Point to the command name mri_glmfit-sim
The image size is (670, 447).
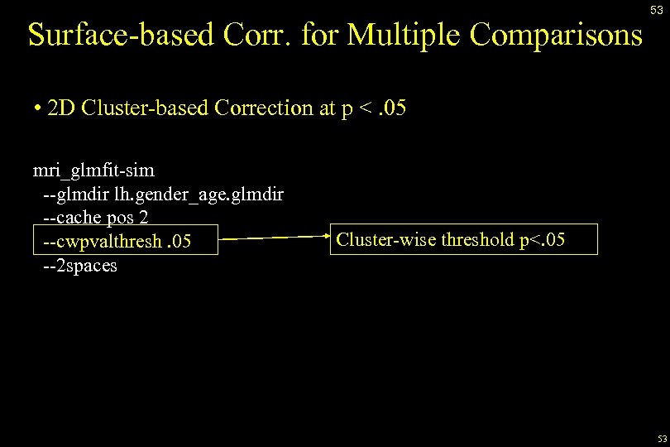[93, 171]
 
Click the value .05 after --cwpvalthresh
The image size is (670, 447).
[179, 241]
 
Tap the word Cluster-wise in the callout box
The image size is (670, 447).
[385, 240]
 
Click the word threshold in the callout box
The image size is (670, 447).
[476, 240]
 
